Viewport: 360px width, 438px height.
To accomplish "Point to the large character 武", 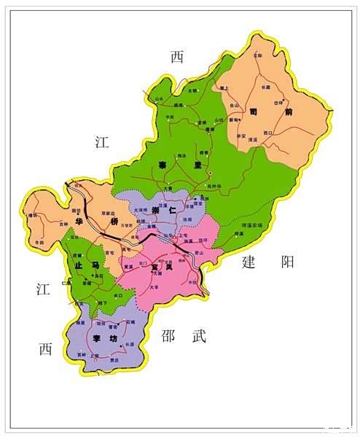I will click(x=200, y=335).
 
